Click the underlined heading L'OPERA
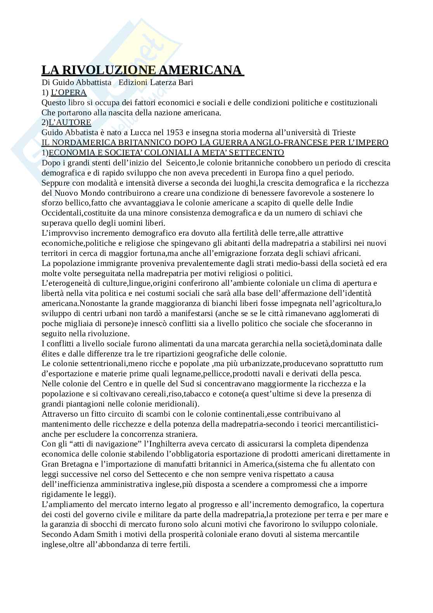(69, 92)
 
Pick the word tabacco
(187, 394)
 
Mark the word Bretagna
(77, 464)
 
